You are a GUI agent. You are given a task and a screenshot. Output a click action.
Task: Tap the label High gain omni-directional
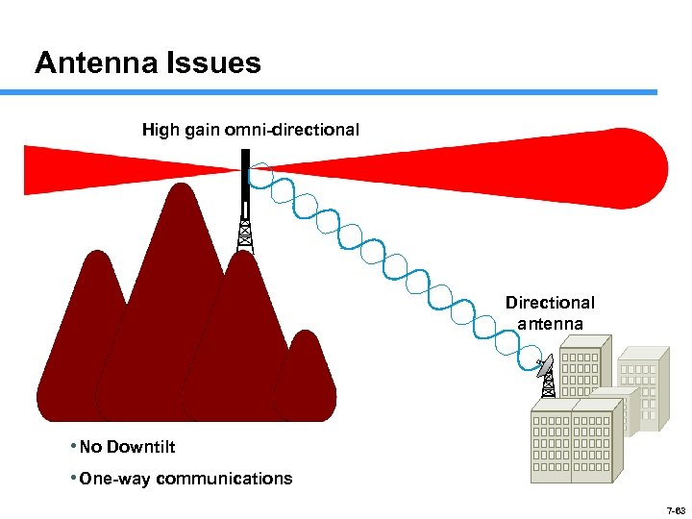click(x=251, y=129)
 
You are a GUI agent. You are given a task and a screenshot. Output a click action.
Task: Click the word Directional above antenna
click(x=550, y=303)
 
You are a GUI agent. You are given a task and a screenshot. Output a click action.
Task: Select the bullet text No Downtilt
click(x=127, y=447)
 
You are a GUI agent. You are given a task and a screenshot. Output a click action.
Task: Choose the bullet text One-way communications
click(x=185, y=479)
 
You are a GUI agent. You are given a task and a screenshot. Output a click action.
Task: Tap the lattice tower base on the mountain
click(x=245, y=235)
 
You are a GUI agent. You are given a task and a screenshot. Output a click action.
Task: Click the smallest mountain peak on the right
click(x=309, y=375)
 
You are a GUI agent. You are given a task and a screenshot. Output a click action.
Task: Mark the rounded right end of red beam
click(x=654, y=168)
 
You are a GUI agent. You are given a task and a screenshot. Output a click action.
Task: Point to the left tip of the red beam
click(x=29, y=168)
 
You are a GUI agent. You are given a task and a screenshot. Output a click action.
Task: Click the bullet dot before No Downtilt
click(x=74, y=447)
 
